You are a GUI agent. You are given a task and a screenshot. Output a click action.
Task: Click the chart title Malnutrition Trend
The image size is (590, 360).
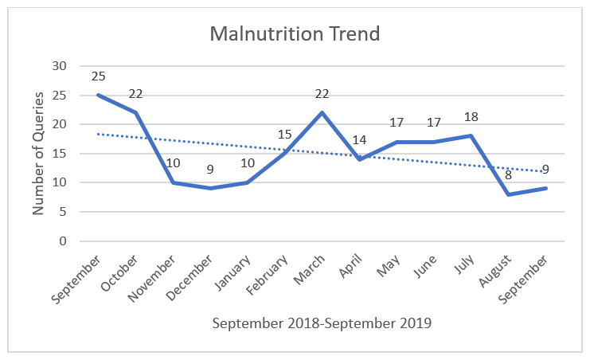pyautogui.click(x=295, y=35)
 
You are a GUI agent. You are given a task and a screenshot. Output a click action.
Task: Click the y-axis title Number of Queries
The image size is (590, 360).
pyautogui.click(x=39, y=154)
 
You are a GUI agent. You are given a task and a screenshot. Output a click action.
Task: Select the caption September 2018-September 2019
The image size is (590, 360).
pyautogui.click(x=322, y=323)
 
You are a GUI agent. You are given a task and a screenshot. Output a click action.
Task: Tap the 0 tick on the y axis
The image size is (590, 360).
pyautogui.click(x=64, y=241)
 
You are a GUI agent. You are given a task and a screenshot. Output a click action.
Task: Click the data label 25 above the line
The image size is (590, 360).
pyautogui.click(x=98, y=76)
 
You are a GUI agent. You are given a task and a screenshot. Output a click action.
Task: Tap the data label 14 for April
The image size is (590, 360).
pyautogui.click(x=359, y=140)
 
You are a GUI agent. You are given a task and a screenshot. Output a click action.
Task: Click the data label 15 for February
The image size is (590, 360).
pyautogui.click(x=284, y=135)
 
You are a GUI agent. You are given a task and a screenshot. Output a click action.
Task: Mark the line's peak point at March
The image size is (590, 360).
pyautogui.click(x=322, y=112)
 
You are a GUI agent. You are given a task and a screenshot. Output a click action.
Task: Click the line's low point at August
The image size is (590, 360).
pyautogui.click(x=509, y=194)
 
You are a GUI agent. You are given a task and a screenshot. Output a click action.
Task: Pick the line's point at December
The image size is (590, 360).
pyautogui.click(x=209, y=188)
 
